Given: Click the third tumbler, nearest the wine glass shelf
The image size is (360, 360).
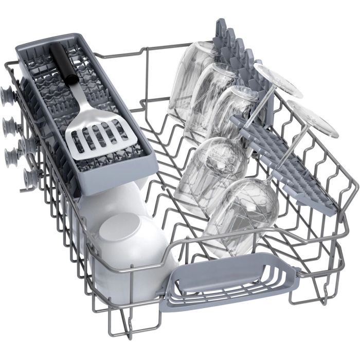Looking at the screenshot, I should coord(231,111).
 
